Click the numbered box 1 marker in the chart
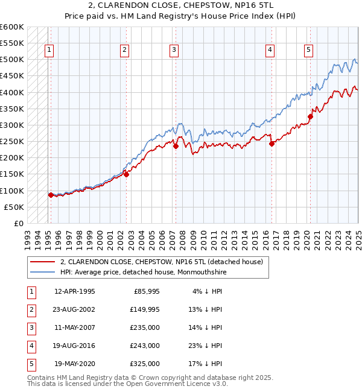[x=48, y=50]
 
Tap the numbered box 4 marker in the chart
[x=270, y=50]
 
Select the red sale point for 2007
[x=176, y=146]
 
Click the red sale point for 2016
[x=271, y=144]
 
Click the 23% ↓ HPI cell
[x=206, y=346]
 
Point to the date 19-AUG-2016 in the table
[x=75, y=346]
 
